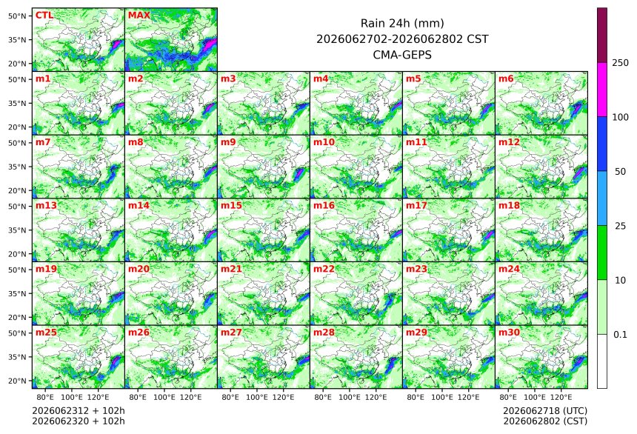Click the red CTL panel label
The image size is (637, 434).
click(x=44, y=16)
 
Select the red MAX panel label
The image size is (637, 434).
click(x=139, y=16)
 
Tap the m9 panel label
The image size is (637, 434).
click(x=228, y=142)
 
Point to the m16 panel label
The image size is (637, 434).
click(x=324, y=206)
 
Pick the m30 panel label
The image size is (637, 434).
click(x=509, y=333)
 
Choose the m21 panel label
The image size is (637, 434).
click(x=231, y=269)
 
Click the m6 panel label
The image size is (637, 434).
click(x=506, y=79)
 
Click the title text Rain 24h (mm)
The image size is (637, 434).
click(x=402, y=23)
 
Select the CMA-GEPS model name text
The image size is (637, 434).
click(x=402, y=55)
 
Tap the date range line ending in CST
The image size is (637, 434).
click(x=402, y=39)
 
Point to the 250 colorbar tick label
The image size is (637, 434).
click(x=621, y=63)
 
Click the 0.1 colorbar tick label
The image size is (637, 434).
click(x=620, y=335)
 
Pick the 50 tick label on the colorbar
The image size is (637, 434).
click(x=621, y=172)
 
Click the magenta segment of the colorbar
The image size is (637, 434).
click(x=602, y=90)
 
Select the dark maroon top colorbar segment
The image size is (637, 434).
click(x=602, y=35)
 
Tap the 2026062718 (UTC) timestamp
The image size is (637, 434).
click(x=545, y=411)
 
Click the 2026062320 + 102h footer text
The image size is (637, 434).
click(x=79, y=421)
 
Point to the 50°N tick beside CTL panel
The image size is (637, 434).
click(x=17, y=16)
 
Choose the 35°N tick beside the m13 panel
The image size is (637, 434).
click(x=17, y=230)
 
